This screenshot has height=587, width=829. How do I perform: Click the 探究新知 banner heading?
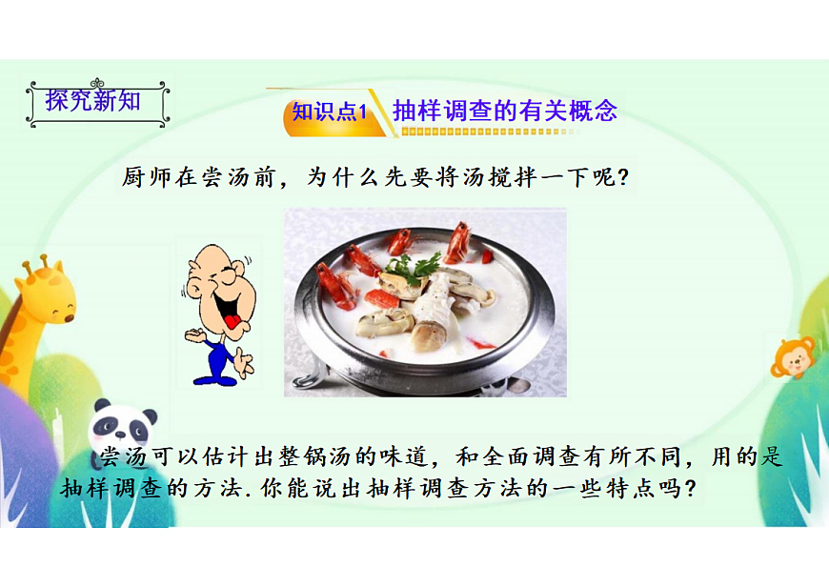[93, 100]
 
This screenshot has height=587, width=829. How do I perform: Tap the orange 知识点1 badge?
[329, 111]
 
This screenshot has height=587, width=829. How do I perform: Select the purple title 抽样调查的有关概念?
[505, 111]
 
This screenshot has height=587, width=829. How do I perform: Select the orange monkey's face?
[794, 358]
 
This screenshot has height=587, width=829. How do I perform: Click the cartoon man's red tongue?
[232, 321]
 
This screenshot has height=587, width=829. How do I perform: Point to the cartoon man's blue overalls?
[218, 357]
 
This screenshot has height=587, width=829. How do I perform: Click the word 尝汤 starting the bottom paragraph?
[124, 457]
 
